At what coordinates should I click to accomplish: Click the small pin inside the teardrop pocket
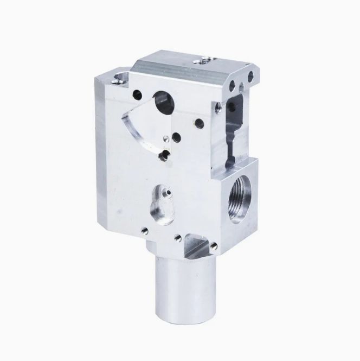pos(167,193)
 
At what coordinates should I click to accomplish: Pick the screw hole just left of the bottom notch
pos(176,237)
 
